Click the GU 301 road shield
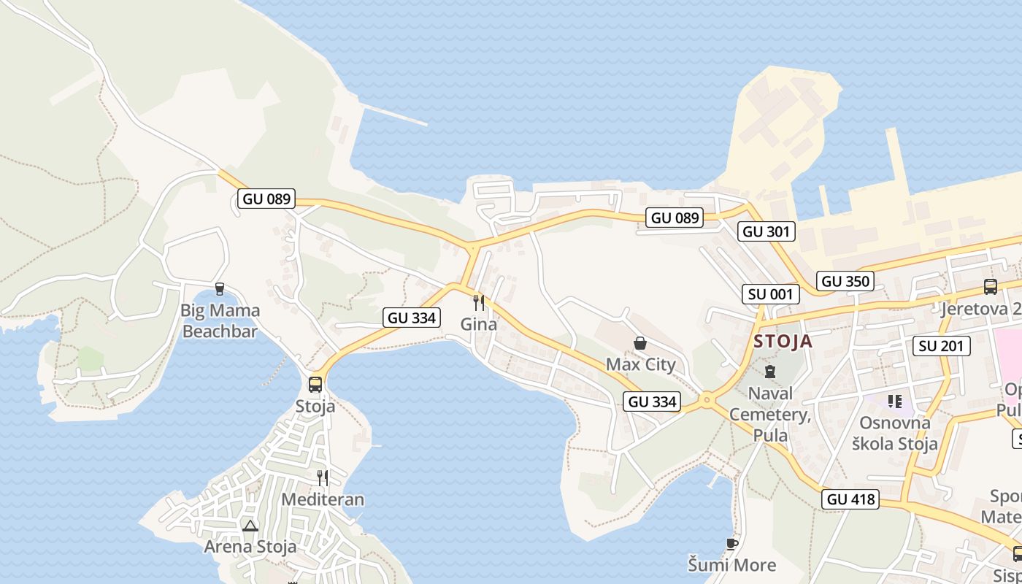point(766,232)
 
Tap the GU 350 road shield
point(845,281)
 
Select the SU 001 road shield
point(770,294)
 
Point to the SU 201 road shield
point(942,346)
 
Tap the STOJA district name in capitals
point(783,342)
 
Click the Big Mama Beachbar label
point(220,321)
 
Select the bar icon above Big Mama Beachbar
point(220,290)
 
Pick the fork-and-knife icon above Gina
point(479,302)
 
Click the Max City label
point(641,364)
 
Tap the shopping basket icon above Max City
point(640,343)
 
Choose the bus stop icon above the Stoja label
point(315,384)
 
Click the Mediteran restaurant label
point(323,500)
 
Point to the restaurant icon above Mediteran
point(322,478)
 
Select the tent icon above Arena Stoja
point(250,526)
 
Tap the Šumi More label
point(732,564)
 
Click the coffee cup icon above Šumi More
point(732,544)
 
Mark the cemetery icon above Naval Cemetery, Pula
point(770,372)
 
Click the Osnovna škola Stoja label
point(896,433)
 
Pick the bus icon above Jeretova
point(991,287)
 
